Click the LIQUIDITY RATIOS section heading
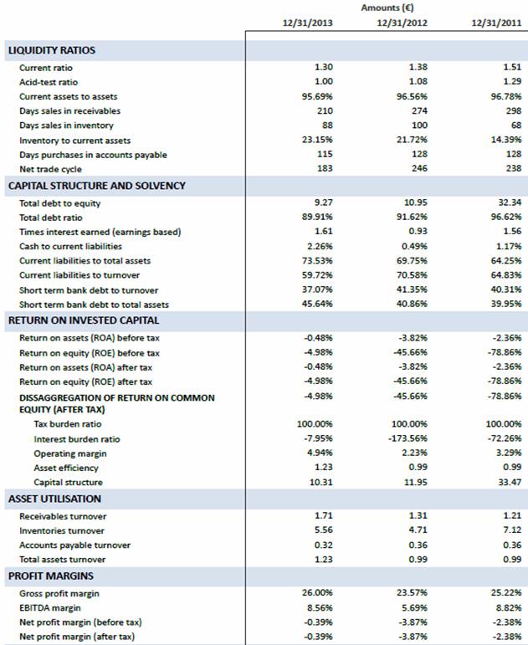[52, 50]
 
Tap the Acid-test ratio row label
[49, 82]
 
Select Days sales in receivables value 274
[420, 111]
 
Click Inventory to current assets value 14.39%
[508, 140]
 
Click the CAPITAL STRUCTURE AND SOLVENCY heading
[96, 186]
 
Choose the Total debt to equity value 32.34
[509, 202]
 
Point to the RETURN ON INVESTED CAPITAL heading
[84, 320]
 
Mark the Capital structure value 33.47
[509, 483]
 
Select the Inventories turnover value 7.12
[511, 531]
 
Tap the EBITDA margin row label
[50, 608]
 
